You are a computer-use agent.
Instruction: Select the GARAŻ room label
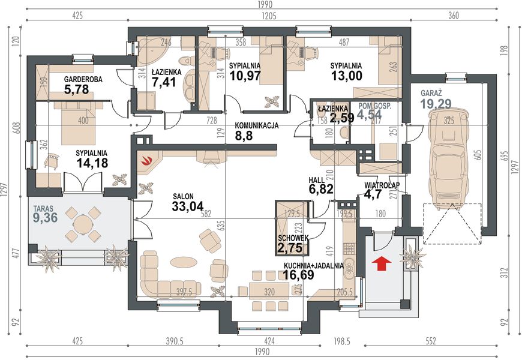(431, 92)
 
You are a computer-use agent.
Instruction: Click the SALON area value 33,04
(188, 206)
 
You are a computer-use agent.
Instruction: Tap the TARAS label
(43, 209)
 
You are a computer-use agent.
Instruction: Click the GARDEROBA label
(83, 80)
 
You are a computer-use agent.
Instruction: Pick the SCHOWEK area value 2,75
(290, 248)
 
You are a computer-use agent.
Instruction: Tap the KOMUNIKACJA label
(257, 126)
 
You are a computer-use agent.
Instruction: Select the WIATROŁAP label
(382, 185)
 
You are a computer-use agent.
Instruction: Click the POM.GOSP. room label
(375, 106)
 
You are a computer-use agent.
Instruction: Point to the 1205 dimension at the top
(269, 16)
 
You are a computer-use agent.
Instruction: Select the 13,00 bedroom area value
(346, 76)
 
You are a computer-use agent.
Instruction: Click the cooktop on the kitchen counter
(349, 248)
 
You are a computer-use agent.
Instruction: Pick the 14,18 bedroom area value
(92, 163)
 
